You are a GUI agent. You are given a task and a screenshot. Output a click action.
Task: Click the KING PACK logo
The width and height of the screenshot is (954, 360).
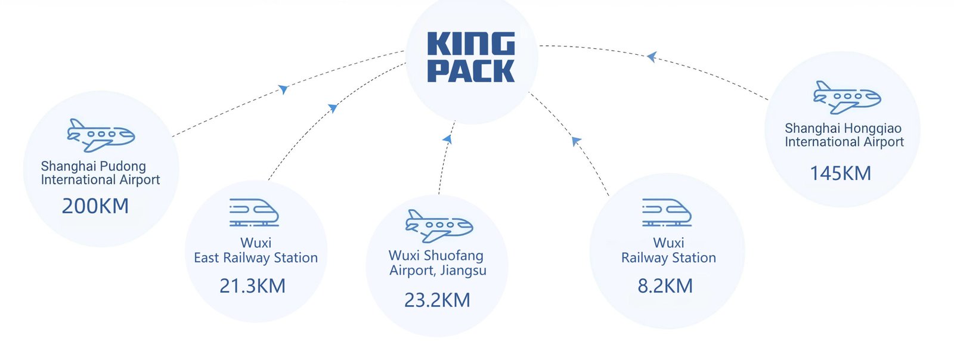(471, 57)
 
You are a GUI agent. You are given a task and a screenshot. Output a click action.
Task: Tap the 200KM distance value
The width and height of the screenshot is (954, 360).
(95, 206)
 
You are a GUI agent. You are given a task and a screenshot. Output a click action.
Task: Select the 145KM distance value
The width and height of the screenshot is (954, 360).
(840, 173)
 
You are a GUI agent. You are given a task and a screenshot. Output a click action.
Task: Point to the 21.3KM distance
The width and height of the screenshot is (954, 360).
(252, 286)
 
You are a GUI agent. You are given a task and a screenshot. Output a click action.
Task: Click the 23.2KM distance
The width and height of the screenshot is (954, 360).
(437, 300)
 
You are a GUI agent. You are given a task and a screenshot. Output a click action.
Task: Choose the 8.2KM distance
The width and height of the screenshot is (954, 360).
(665, 286)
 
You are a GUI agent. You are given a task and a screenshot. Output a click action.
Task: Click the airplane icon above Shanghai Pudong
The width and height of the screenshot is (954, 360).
(101, 135)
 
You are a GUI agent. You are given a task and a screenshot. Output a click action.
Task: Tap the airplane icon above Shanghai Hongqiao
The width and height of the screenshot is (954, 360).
(847, 97)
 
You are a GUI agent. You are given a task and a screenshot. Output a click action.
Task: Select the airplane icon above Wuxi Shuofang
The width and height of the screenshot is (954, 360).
(439, 226)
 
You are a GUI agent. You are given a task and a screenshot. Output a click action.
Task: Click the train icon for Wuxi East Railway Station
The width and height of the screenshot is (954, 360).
(255, 213)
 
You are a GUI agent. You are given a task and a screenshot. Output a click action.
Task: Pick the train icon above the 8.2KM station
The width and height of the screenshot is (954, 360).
(667, 213)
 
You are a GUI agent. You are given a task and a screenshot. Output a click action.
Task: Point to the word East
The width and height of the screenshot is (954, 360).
(206, 258)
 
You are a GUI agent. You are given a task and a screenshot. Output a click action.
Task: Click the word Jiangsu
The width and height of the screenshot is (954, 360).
(463, 271)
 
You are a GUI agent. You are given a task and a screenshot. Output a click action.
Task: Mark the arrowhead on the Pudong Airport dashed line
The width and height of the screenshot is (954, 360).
(284, 89)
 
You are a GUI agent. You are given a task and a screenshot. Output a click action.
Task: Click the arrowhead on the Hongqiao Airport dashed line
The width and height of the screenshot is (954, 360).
(652, 57)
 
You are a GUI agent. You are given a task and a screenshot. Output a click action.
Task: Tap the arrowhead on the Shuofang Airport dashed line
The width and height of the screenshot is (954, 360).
(447, 139)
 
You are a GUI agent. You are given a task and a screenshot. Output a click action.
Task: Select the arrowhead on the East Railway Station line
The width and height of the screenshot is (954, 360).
(333, 108)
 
